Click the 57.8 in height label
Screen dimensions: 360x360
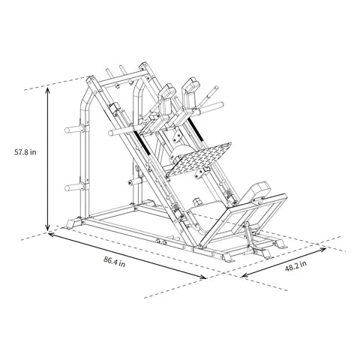click(x=25, y=151)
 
